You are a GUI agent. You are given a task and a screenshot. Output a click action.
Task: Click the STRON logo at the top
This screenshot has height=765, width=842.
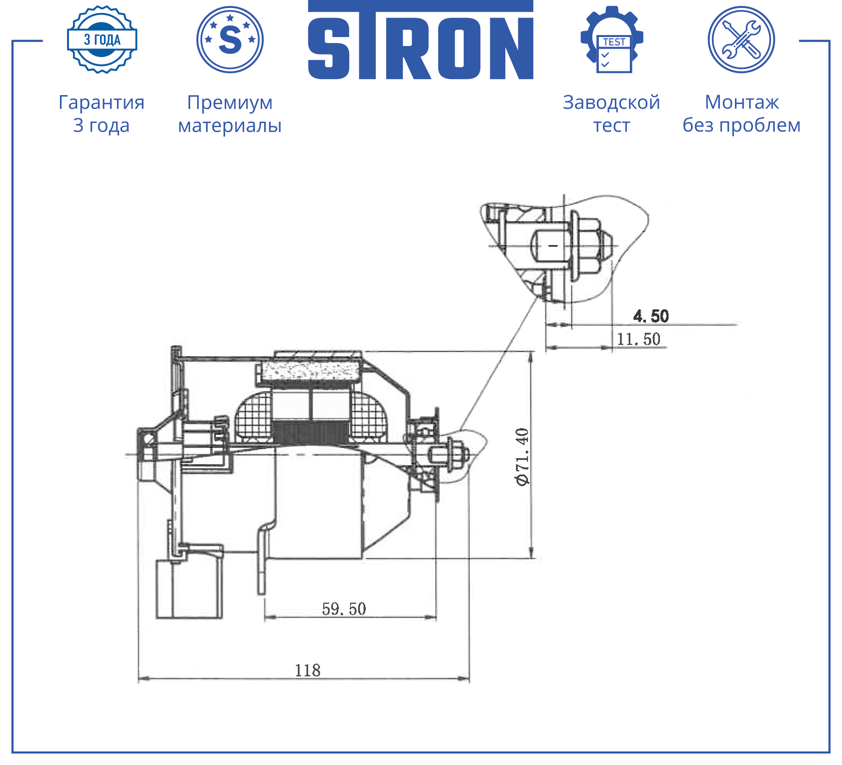[421, 40]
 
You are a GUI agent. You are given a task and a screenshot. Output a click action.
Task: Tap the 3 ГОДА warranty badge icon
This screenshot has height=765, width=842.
[102, 40]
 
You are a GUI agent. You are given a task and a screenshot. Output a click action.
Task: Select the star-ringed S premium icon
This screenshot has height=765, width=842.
[230, 40]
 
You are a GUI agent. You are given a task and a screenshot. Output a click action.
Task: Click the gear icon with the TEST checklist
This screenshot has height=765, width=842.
[612, 40]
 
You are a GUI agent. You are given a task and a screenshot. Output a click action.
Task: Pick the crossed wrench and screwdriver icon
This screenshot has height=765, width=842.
[741, 40]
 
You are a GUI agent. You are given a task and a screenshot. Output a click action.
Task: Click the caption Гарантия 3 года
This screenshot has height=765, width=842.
[102, 114]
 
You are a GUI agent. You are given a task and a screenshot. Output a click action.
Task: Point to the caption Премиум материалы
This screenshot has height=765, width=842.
[230, 114]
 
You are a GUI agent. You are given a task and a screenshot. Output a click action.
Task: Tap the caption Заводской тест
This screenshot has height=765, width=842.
[611, 114]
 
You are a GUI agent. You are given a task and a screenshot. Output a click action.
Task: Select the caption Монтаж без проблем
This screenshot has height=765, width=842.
[741, 114]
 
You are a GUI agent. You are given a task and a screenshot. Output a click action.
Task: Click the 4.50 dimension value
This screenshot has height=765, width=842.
[651, 316]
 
